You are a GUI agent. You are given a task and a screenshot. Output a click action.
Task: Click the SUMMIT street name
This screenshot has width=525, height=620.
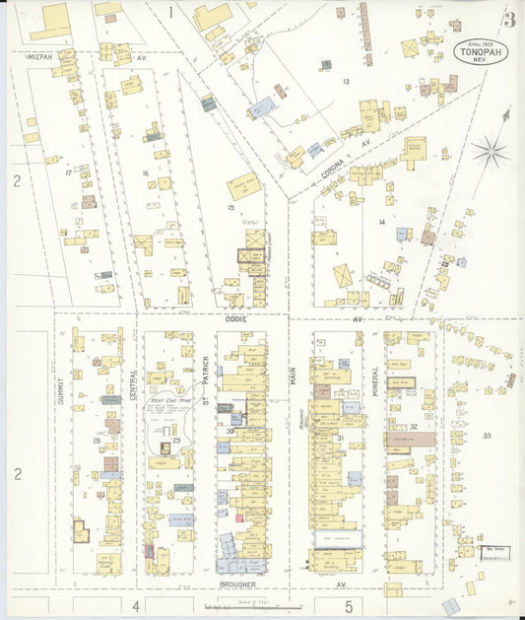point(60,392)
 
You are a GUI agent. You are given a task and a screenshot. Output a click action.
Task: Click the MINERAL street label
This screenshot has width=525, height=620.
point(375,378)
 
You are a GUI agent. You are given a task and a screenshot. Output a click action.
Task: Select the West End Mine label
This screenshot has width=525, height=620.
point(170,402)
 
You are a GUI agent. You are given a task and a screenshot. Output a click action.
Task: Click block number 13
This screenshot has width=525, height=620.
point(346,81)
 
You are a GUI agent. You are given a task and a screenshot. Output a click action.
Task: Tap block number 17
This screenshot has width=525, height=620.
point(68,172)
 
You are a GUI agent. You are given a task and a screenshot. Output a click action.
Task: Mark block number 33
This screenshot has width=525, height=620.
point(486,435)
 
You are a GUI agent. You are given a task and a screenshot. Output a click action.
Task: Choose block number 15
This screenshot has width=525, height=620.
point(230,207)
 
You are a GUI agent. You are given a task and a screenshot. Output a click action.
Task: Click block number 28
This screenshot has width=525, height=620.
point(97,440)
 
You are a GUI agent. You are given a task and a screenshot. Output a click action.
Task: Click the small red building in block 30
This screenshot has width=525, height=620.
point(238,517)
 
